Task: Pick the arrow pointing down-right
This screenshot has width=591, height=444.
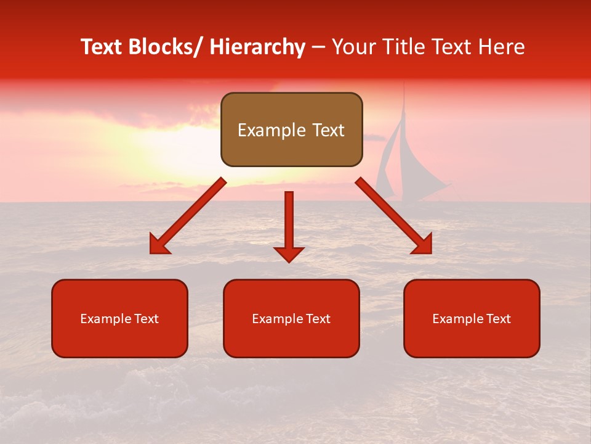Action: [394, 216]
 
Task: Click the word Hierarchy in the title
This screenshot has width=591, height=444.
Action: [257, 47]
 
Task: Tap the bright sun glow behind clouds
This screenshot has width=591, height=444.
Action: [179, 148]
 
